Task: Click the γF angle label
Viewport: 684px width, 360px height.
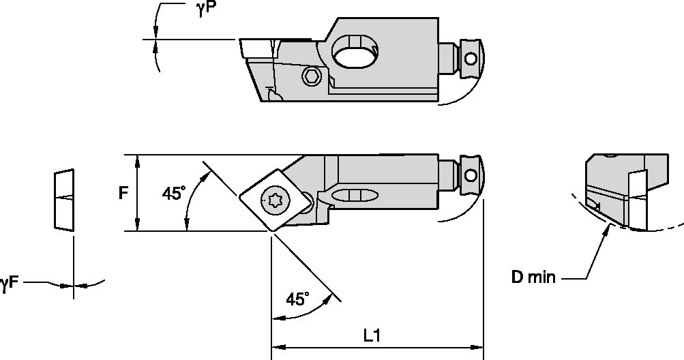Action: pyautogui.click(x=10, y=282)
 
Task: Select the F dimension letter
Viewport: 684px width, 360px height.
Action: pyautogui.click(x=123, y=193)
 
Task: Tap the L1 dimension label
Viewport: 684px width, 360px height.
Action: pyautogui.click(x=372, y=335)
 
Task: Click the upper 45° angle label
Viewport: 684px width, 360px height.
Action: pyautogui.click(x=173, y=194)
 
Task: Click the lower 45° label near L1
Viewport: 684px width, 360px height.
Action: pyautogui.click(x=297, y=299)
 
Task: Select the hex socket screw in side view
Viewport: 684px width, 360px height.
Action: pyautogui.click(x=312, y=77)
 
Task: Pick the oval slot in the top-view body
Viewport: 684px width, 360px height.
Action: pyautogui.click(x=355, y=196)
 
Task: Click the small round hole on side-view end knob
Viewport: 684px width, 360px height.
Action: pyautogui.click(x=470, y=59)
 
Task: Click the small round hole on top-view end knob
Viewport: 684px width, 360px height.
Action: pyautogui.click(x=470, y=176)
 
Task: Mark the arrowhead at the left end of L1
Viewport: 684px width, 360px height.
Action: pyautogui.click(x=277, y=348)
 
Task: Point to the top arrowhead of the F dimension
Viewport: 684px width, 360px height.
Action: pyautogui.click(x=138, y=160)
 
